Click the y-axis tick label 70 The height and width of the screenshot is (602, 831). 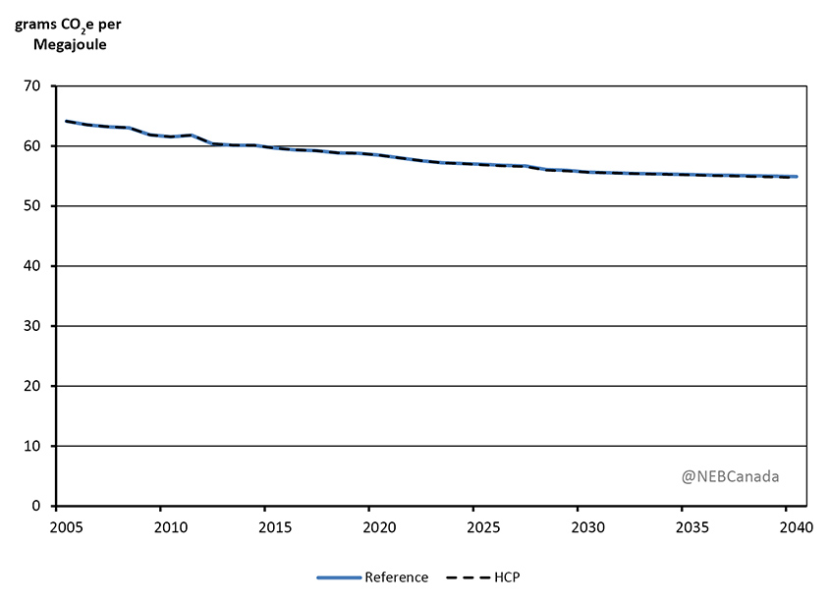pyautogui.click(x=32, y=86)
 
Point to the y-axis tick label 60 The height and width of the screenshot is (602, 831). pyautogui.click(x=32, y=146)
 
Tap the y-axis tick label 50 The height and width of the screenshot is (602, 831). pyautogui.click(x=32, y=206)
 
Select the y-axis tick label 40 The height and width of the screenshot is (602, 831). pyautogui.click(x=32, y=266)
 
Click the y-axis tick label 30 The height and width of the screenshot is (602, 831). pyautogui.click(x=32, y=326)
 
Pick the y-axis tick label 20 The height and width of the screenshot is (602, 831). pyautogui.click(x=32, y=386)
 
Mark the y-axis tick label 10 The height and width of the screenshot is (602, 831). pyautogui.click(x=32, y=446)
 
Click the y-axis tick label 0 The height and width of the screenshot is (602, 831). pyautogui.click(x=36, y=506)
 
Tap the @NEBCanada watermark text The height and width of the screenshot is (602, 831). pyautogui.click(x=730, y=476)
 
